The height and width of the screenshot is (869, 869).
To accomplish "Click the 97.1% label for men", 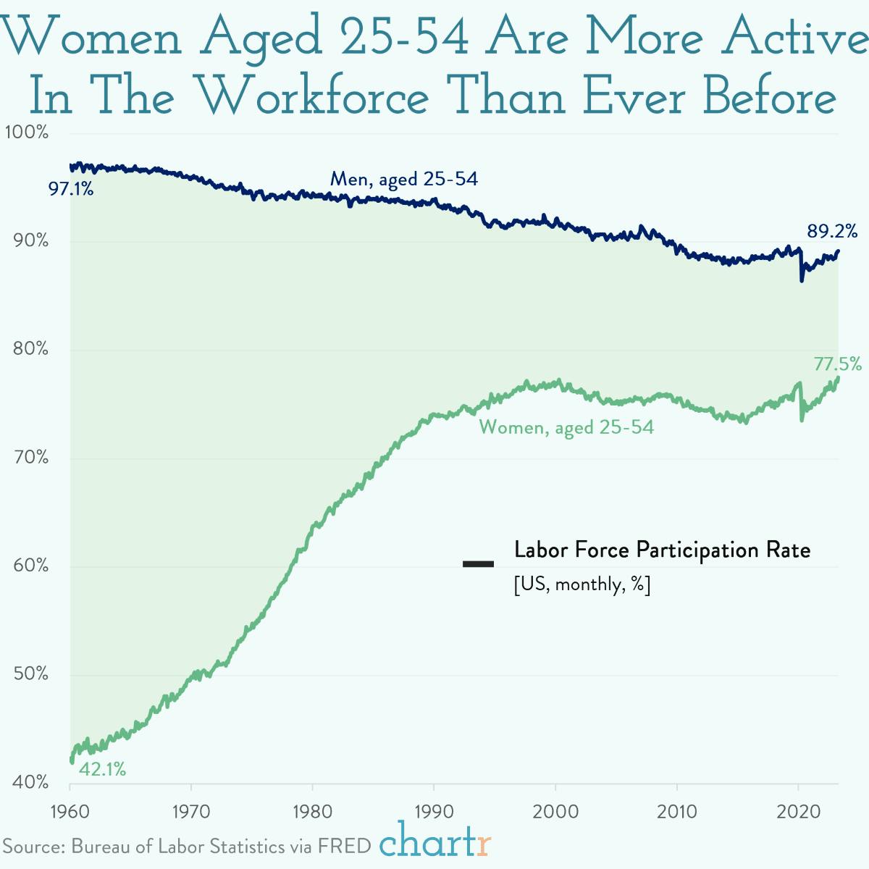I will click(x=71, y=190).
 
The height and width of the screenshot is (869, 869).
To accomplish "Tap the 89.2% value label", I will click(x=832, y=232).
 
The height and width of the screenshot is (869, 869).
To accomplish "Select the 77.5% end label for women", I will click(x=837, y=364).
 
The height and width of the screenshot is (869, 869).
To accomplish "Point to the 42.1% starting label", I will click(x=102, y=769).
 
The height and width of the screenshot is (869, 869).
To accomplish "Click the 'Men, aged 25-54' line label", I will click(x=404, y=179).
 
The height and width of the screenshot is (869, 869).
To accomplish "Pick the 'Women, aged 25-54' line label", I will click(x=566, y=427).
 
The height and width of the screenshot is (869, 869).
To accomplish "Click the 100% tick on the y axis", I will click(x=26, y=133).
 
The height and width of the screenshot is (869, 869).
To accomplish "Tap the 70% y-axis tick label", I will click(x=30, y=458).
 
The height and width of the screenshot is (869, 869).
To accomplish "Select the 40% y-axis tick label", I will click(x=30, y=783).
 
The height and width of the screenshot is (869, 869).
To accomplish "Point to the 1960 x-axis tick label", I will click(x=70, y=811).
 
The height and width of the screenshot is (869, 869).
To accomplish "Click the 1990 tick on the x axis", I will click(x=434, y=811).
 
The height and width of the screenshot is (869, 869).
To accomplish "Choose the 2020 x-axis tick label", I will click(x=798, y=811).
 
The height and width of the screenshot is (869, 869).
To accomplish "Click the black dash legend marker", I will click(x=478, y=564).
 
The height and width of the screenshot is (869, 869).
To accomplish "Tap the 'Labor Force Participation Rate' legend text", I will click(x=662, y=550).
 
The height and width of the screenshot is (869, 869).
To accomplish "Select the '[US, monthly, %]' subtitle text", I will click(x=582, y=584).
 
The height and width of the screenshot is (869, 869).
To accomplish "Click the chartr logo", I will click(x=435, y=842).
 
